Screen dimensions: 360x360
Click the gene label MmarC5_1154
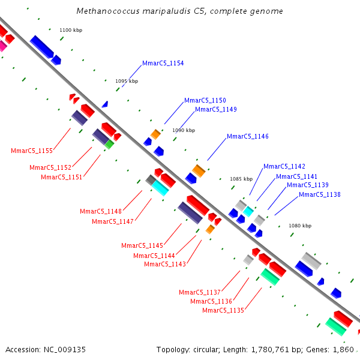163,63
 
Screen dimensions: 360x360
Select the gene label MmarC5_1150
205,100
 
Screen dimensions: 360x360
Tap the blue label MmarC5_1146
247,136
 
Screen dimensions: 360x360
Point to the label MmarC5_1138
320,194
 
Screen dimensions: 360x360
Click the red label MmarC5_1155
32,151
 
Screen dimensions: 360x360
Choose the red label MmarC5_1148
101,211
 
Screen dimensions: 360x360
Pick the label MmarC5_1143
165,264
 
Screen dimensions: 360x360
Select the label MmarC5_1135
223,310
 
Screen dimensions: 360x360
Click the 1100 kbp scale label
71,30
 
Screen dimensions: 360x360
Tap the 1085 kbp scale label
241,179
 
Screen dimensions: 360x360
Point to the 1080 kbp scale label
300,226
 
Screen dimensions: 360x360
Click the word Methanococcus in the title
108,11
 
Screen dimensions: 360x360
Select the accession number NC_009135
65,350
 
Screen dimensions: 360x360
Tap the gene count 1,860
343,350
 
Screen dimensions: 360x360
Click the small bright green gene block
109,145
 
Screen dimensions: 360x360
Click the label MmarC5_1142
284,166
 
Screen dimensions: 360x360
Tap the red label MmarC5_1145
142,245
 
